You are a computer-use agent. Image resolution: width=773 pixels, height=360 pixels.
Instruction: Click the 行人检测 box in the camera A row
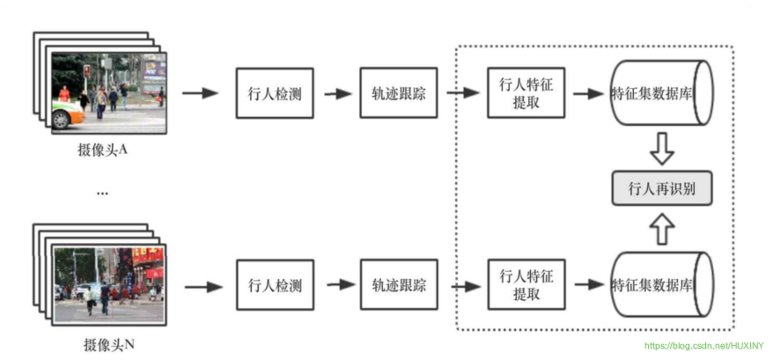point(274,93)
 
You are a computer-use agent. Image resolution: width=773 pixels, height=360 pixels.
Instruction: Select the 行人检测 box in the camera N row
point(274,285)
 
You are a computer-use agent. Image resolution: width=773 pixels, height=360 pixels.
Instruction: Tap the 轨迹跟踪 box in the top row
point(398,93)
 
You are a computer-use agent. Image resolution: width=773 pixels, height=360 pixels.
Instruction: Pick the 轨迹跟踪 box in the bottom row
point(398,285)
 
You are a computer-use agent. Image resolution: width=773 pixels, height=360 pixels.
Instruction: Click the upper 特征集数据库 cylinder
point(660,93)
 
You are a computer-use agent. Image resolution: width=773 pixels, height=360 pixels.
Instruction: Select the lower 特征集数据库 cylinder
point(660,285)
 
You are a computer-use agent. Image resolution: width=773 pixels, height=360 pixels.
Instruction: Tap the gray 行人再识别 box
point(661,188)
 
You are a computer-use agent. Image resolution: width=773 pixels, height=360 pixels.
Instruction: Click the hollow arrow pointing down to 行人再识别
point(661,150)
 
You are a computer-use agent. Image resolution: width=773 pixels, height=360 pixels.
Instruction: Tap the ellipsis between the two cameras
point(102,192)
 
